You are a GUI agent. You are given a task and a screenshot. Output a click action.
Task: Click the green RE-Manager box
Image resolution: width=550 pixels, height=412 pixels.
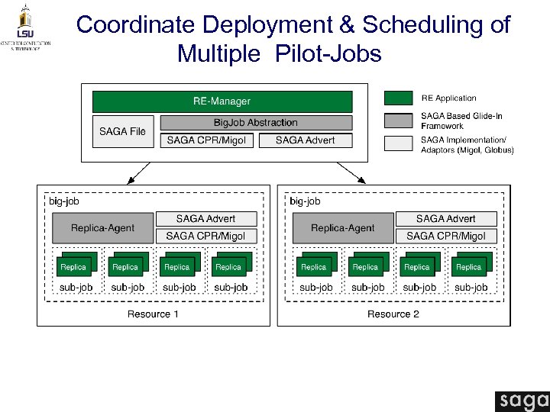point(222,101)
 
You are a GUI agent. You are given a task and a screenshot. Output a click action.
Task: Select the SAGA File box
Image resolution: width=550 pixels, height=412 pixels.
point(123,131)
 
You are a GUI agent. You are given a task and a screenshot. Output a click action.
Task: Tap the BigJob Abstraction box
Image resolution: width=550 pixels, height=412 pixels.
point(255,123)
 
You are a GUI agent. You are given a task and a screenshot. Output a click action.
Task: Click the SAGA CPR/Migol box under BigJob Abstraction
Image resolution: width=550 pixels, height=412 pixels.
point(206,140)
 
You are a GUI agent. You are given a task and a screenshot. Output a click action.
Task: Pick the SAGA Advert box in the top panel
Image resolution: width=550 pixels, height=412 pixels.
point(305,140)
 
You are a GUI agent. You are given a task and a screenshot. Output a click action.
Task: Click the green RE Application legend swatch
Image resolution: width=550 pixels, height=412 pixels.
point(398,98)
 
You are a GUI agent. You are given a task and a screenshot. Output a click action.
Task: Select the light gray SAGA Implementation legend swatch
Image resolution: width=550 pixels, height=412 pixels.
point(398,143)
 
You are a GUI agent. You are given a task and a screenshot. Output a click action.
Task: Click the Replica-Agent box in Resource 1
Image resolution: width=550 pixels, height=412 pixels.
point(102,227)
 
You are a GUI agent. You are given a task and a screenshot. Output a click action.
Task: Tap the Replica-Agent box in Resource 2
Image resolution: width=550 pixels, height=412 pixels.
point(343,227)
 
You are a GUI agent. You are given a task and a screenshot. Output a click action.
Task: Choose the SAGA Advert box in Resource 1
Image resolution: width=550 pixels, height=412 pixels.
point(206,219)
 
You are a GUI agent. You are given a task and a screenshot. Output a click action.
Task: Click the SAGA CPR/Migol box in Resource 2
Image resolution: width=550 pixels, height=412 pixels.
point(446,237)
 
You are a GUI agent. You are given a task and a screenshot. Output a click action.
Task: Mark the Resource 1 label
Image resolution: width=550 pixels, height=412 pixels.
point(154,314)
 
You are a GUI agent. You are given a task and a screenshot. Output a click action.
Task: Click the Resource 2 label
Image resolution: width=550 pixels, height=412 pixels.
point(393,314)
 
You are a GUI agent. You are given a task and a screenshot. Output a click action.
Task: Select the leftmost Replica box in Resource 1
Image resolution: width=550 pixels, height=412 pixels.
point(74,266)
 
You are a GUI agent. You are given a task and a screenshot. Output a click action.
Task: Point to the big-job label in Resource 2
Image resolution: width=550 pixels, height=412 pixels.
point(305,201)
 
